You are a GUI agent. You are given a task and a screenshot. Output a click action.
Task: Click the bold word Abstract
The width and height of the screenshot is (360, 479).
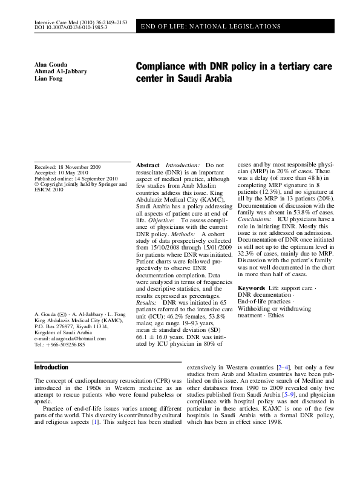[x=148, y=165]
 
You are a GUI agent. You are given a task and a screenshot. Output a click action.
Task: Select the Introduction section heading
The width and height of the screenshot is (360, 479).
[x=51, y=368]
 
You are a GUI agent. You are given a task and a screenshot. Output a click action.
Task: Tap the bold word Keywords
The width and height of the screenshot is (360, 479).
[x=252, y=288]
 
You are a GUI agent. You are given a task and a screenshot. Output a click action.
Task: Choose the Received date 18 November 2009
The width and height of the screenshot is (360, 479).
[x=67, y=166]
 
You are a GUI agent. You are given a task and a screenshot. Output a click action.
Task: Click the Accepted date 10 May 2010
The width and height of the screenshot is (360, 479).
[x=62, y=172]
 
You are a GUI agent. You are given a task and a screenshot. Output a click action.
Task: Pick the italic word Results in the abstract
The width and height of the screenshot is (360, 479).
[x=147, y=301]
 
